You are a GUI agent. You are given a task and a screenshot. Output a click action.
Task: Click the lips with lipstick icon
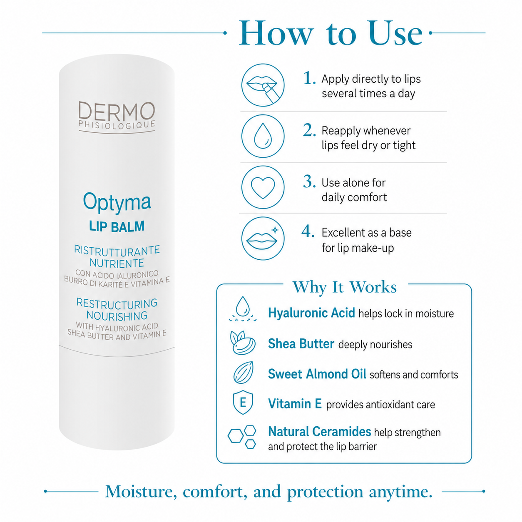point(263,85)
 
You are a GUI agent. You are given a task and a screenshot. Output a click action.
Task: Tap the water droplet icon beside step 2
point(263,136)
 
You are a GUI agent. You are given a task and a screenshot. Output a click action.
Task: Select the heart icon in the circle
point(263,187)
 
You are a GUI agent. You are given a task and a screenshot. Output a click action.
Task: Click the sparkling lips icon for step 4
point(263,239)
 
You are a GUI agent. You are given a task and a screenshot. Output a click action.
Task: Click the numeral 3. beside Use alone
point(309,181)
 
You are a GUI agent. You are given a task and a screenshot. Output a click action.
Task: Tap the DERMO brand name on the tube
point(117,111)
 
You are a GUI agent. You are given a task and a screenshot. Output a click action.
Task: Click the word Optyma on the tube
point(117,202)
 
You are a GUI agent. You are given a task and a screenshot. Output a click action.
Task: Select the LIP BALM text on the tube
point(117,226)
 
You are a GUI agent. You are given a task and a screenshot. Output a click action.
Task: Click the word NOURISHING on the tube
point(117,316)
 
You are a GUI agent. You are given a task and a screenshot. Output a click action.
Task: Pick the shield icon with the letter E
point(243,402)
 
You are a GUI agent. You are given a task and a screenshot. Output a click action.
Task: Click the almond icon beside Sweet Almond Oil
point(243,373)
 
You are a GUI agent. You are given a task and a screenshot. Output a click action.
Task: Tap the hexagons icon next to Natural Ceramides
point(242,437)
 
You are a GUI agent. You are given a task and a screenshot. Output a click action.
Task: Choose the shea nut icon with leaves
point(242,343)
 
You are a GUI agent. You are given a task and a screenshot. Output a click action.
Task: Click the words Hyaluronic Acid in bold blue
point(311,313)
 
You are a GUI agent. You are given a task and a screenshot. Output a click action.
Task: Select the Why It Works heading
point(344,287)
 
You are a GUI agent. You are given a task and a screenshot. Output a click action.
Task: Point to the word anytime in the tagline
point(400,491)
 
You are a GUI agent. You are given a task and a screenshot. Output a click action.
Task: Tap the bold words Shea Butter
point(301,344)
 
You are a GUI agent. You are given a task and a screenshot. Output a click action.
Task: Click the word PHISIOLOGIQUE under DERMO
point(117,124)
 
